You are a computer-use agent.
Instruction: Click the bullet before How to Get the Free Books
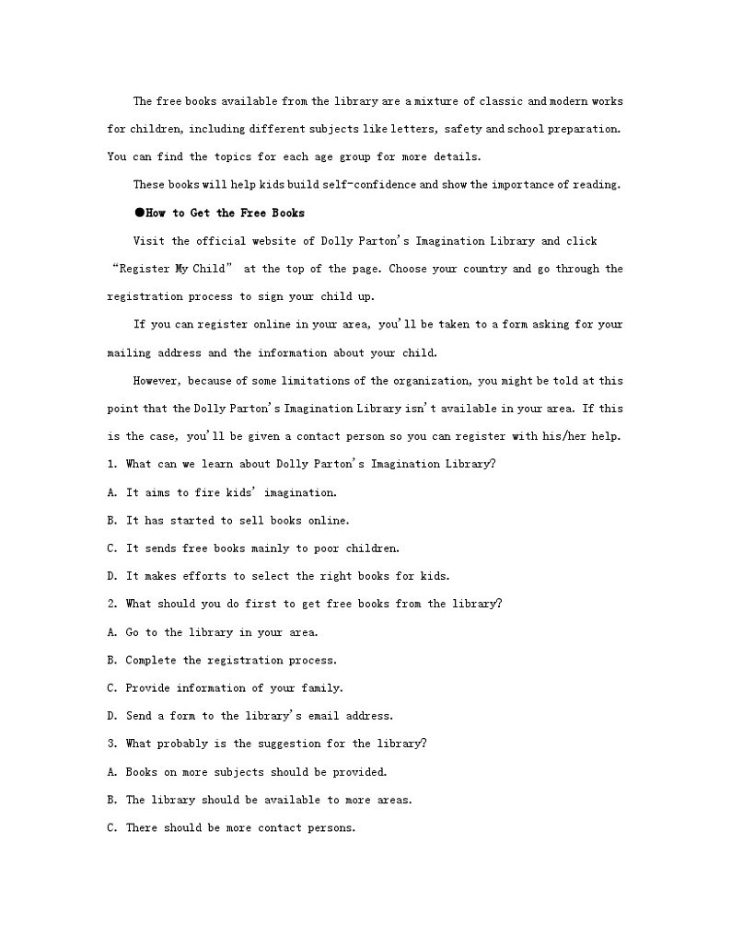(x=139, y=213)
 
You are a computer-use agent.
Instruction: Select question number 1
(x=111, y=464)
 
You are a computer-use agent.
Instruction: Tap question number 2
(x=111, y=604)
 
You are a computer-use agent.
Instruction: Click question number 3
(x=111, y=744)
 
